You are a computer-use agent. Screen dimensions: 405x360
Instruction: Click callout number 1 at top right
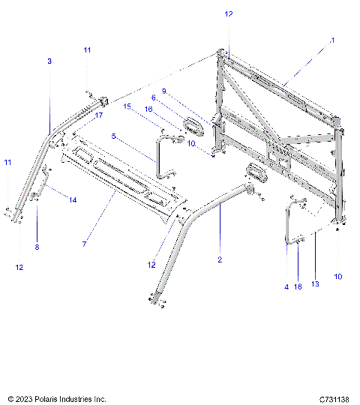pos(332,40)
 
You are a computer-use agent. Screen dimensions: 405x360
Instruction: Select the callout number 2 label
pos(220,259)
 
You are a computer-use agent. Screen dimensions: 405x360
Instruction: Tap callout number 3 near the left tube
pos(49,61)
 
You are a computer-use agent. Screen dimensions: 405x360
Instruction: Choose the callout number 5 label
pos(113,136)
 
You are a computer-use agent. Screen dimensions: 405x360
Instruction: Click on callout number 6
pos(154,97)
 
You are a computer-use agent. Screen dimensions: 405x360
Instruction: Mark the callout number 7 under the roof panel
pos(85,244)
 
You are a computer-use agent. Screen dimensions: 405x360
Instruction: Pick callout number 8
pos(36,247)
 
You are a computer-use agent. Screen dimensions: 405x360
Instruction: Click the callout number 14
pos(73,199)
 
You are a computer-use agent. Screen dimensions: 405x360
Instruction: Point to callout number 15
pos(127,106)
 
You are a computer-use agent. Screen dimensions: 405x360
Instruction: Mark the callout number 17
pos(97,116)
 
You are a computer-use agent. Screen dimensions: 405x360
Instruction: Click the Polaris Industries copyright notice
pos(57,399)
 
